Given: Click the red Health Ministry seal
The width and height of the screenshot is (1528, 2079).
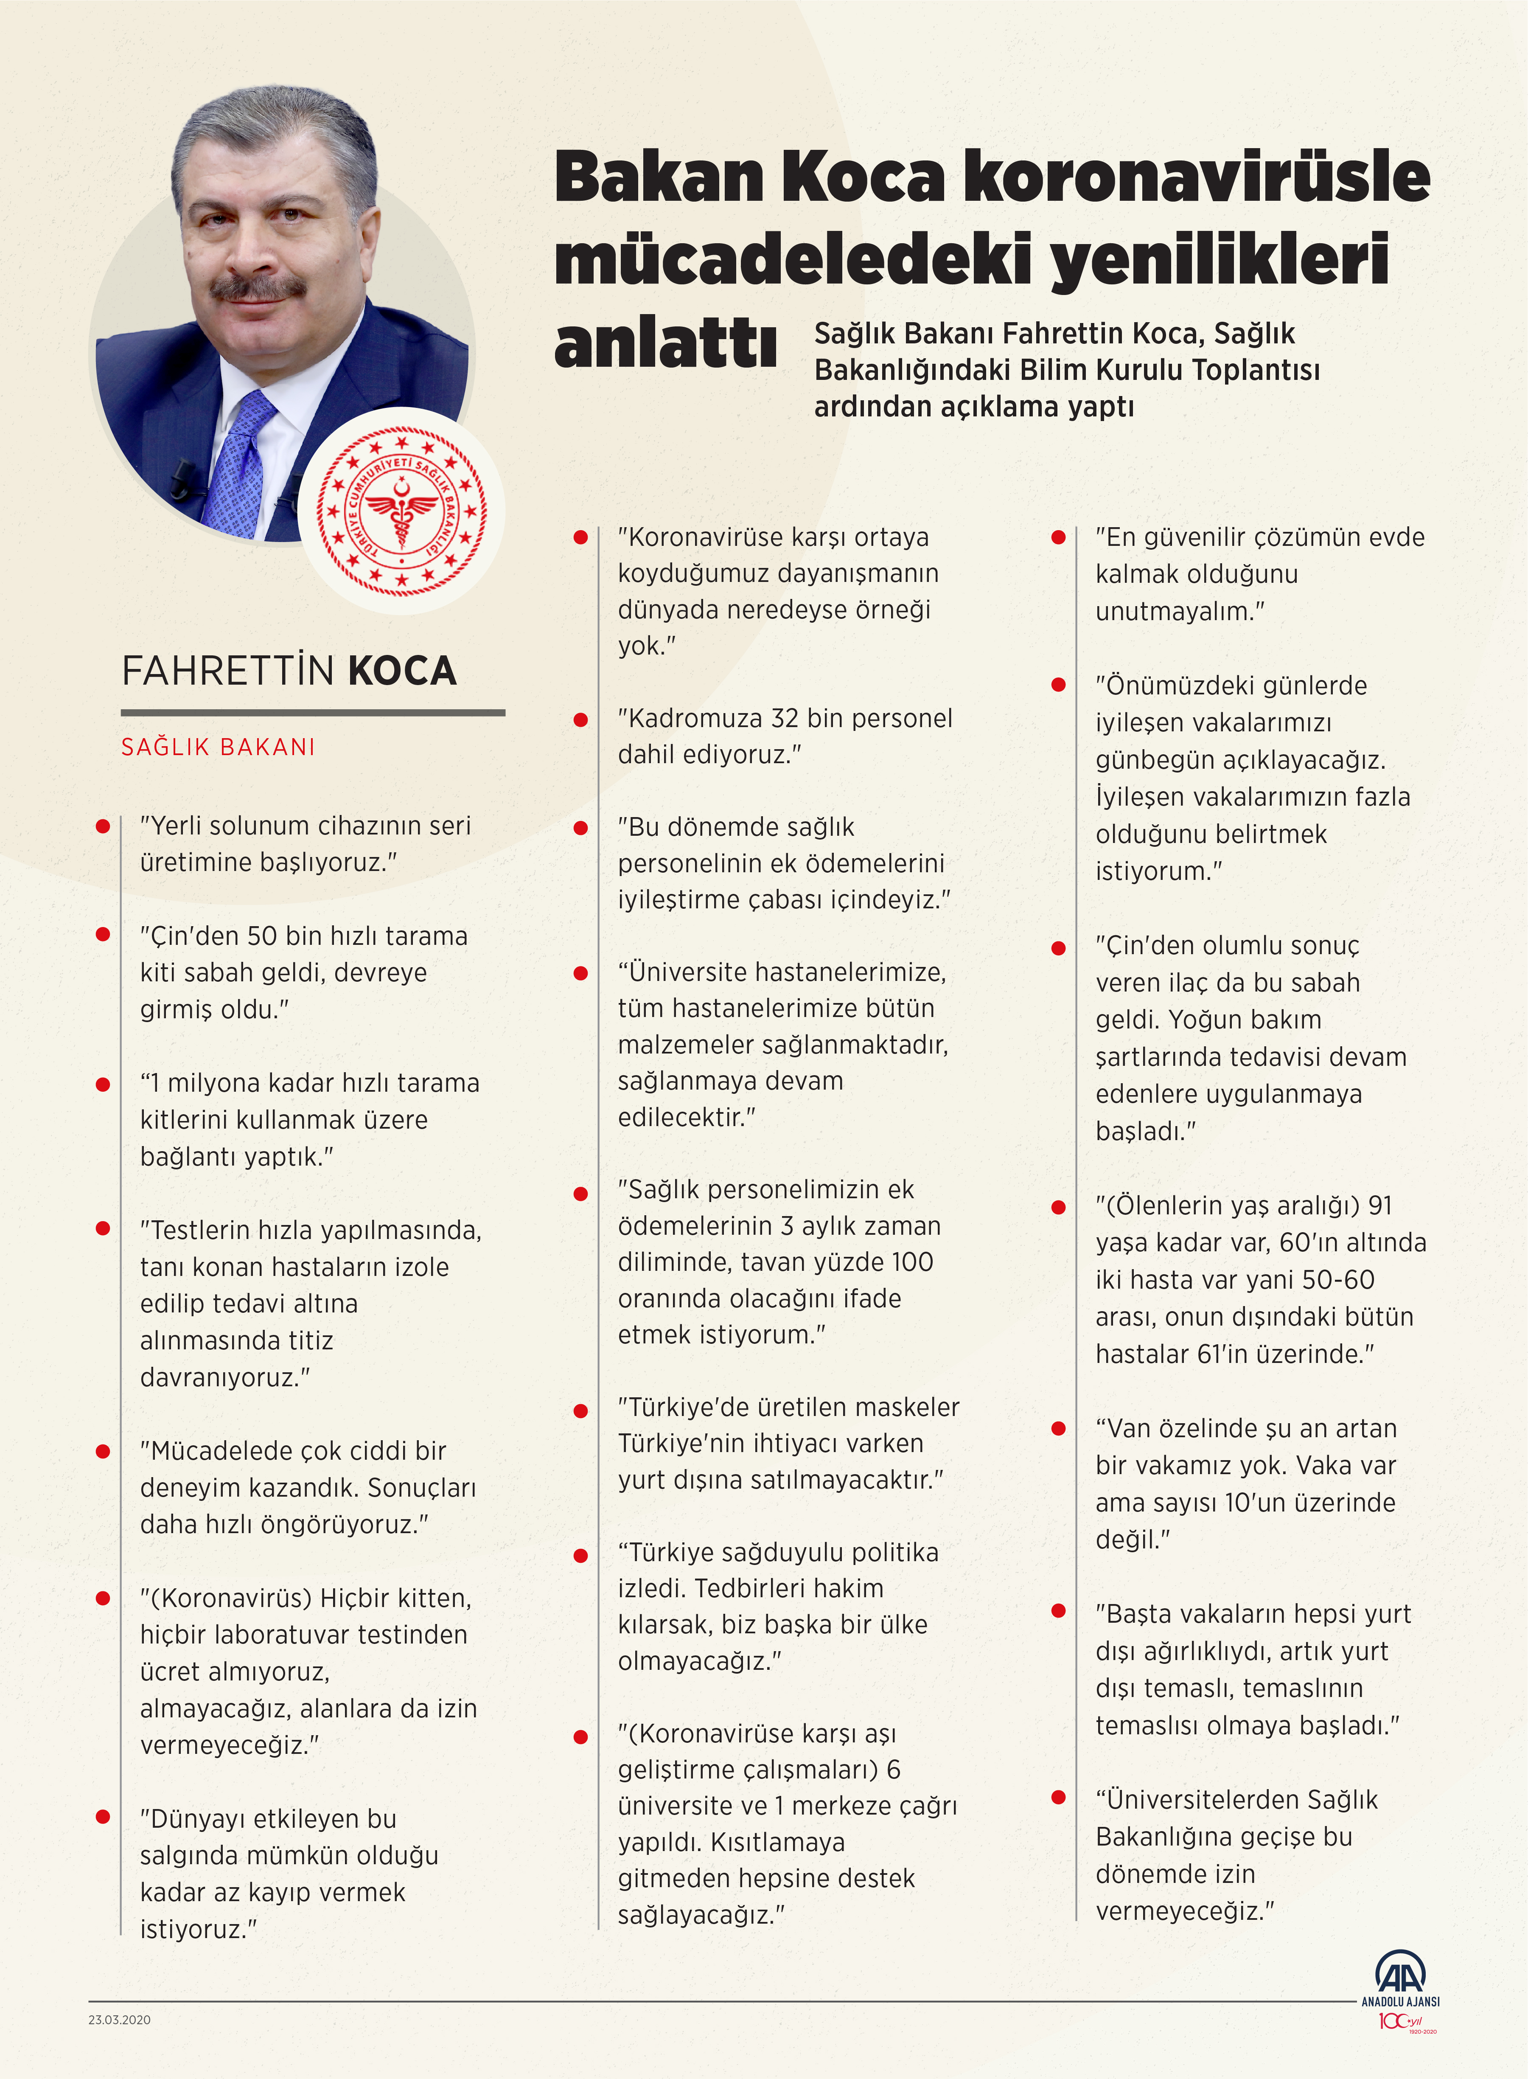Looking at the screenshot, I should (401, 511).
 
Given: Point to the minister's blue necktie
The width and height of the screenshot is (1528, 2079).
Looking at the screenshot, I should (238, 463).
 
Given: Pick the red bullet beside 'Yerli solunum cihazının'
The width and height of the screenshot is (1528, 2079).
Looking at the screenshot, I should (103, 826).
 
